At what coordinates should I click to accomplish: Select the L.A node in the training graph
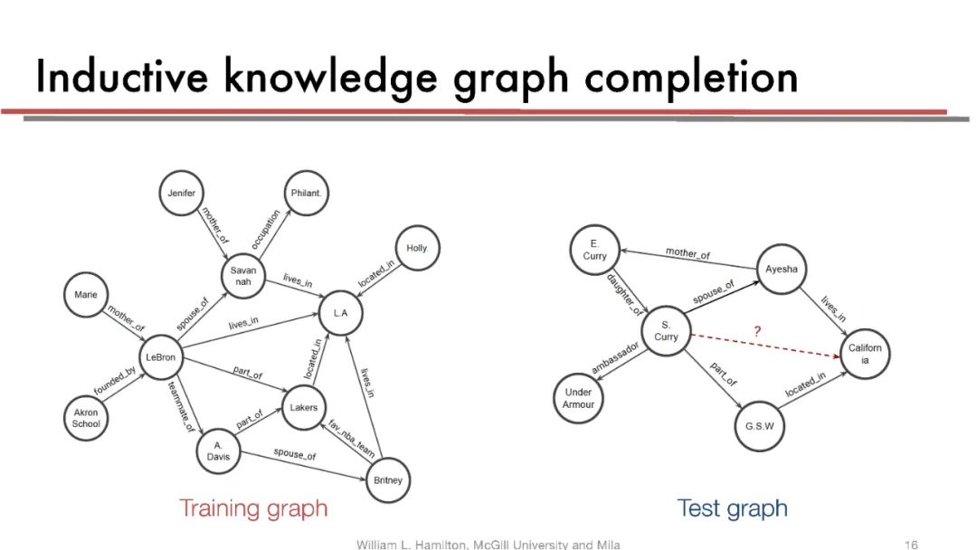pyautogui.click(x=340, y=313)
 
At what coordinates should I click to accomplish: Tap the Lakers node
pyautogui.click(x=303, y=407)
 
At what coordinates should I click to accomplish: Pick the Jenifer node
pyautogui.click(x=181, y=194)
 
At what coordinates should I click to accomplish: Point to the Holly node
pyautogui.click(x=416, y=248)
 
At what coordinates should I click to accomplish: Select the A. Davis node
pyautogui.click(x=218, y=450)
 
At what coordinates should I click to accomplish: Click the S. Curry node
pyautogui.click(x=666, y=330)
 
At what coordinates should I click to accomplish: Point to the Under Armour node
pyautogui.click(x=578, y=398)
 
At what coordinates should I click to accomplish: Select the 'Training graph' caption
pyautogui.click(x=253, y=508)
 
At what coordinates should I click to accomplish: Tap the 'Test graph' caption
pyautogui.click(x=732, y=508)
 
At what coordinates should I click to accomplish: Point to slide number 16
pyautogui.click(x=911, y=545)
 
